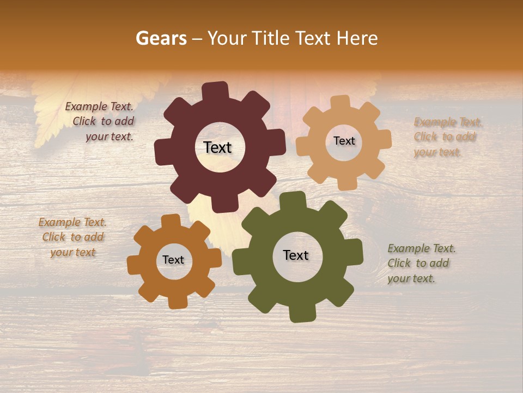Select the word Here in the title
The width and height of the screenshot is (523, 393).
click(357, 38)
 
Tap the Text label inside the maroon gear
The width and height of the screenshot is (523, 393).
click(218, 147)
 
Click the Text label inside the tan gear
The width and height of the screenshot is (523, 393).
click(344, 141)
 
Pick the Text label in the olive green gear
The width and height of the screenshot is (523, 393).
click(296, 255)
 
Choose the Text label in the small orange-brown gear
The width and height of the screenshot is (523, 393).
click(173, 260)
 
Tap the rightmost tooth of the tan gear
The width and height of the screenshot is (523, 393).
click(384, 140)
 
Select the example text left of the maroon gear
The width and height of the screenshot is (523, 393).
click(101, 122)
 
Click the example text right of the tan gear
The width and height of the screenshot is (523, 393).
click(447, 137)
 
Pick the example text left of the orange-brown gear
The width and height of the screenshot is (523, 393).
click(72, 237)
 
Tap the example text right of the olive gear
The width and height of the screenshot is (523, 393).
click(421, 263)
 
